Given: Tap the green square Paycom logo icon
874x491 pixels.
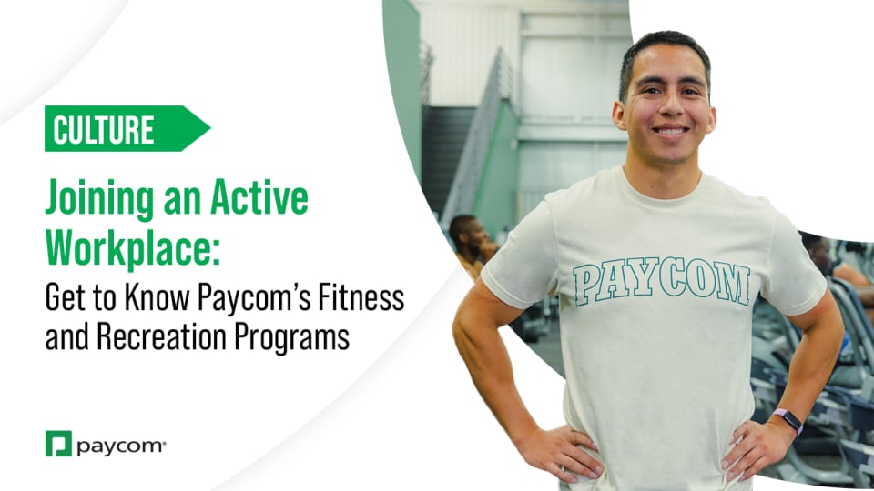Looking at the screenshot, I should tap(58, 444).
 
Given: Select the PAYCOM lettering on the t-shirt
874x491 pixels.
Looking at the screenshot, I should tap(662, 282).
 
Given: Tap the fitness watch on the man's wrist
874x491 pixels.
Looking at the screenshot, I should tap(788, 420).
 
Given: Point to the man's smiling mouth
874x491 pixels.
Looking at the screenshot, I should tap(671, 131).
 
